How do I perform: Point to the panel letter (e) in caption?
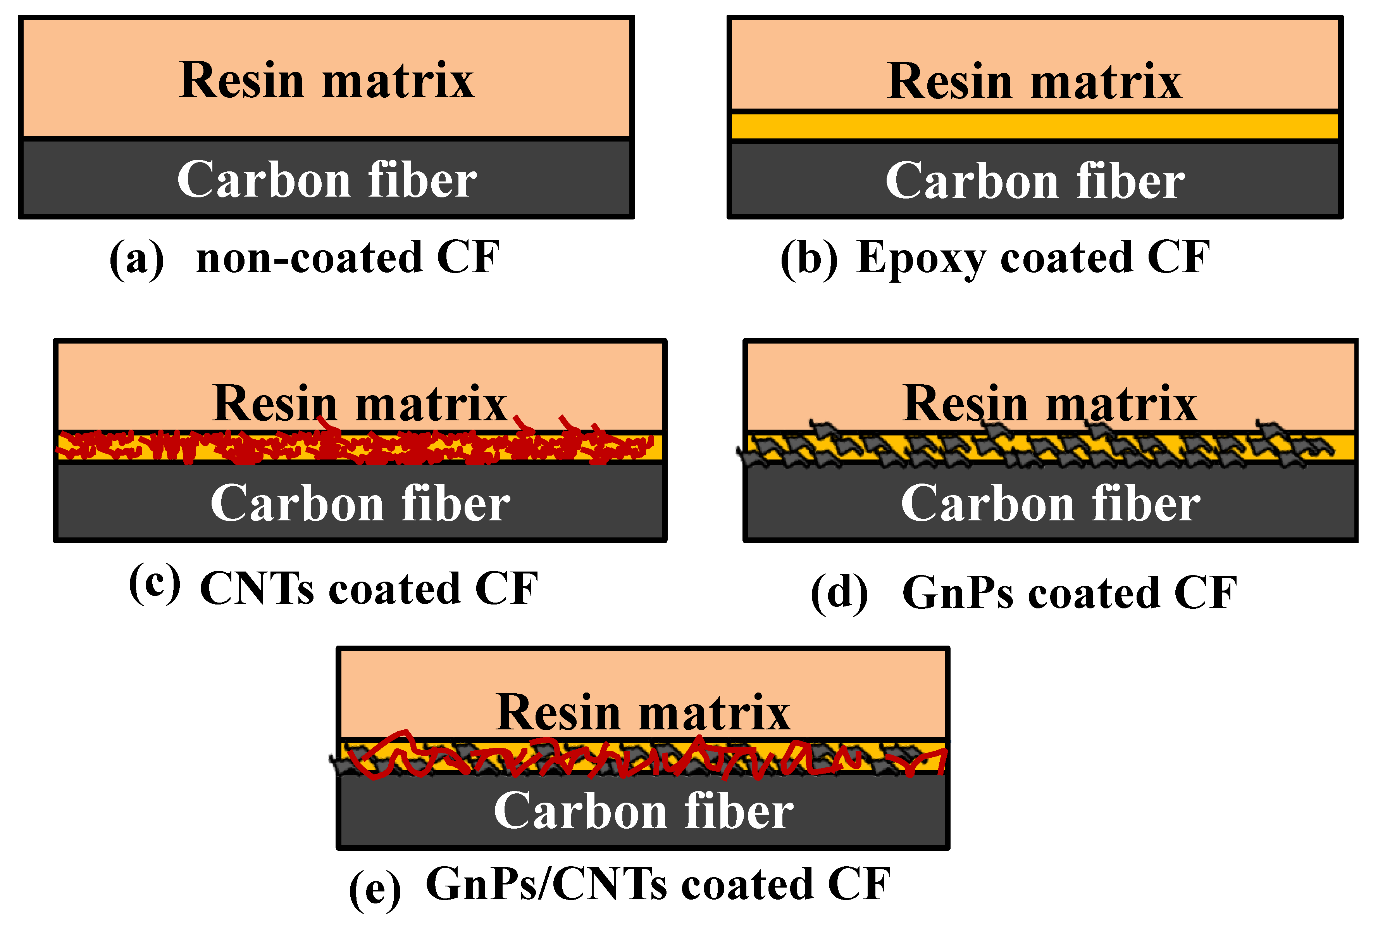coord(375,888)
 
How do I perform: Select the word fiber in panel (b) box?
coord(1130,181)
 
